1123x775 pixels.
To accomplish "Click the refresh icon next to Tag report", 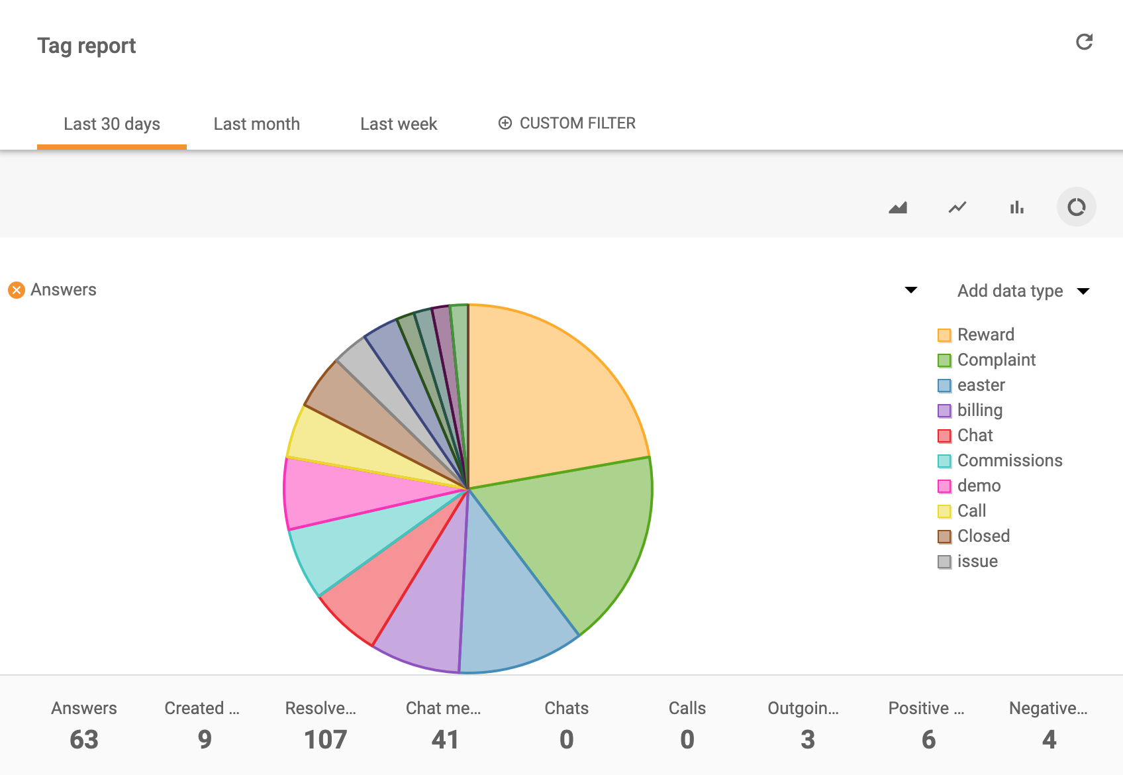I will pos(1084,42).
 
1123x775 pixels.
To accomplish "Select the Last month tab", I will pos(256,124).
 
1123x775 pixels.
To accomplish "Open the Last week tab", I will pos(399,124).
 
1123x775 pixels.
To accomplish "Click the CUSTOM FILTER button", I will pos(567,123).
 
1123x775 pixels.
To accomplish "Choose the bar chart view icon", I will pos(1016,207).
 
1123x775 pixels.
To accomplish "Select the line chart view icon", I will pos(957,207).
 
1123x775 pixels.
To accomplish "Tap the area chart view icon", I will pos(898,207).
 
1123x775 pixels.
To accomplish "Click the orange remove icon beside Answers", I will pos(17,290).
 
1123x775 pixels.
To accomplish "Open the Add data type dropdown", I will pos(1022,291).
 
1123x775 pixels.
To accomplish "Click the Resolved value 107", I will pos(325,739).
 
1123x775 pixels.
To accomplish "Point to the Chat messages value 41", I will pos(444,739).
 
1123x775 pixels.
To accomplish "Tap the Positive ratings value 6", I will pos(928,739).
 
